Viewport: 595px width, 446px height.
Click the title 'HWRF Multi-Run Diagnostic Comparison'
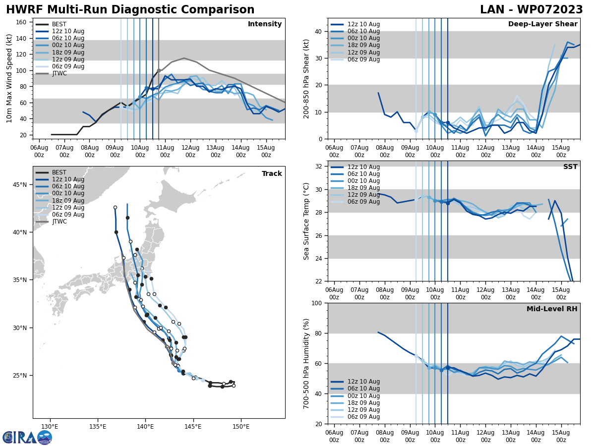coord(130,10)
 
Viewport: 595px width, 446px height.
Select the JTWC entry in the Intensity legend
coord(59,73)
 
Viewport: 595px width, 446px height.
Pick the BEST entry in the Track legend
coord(59,172)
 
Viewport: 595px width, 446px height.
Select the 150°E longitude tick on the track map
coord(241,426)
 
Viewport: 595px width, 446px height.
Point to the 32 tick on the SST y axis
coord(320,166)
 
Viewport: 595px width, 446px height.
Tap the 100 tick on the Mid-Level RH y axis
coord(318,303)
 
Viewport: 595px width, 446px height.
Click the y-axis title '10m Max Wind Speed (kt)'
coord(9,78)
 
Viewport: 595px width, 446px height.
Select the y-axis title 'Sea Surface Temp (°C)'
coord(306,221)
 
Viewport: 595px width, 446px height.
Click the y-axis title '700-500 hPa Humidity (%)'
coord(306,363)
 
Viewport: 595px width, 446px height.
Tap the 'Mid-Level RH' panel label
coord(552,309)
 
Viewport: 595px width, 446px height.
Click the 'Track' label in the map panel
coord(272,173)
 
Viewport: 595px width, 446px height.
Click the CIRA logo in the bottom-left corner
coord(27,437)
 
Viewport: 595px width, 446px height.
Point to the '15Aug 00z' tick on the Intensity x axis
coord(266,151)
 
